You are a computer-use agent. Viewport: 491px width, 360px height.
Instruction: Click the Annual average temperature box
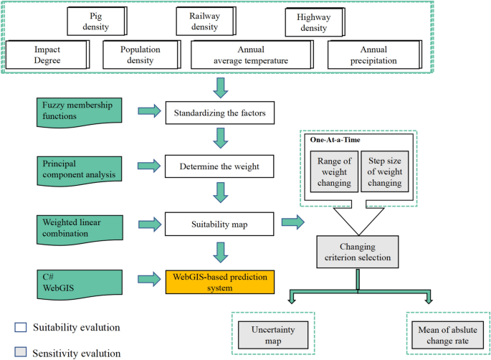click(250, 55)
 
